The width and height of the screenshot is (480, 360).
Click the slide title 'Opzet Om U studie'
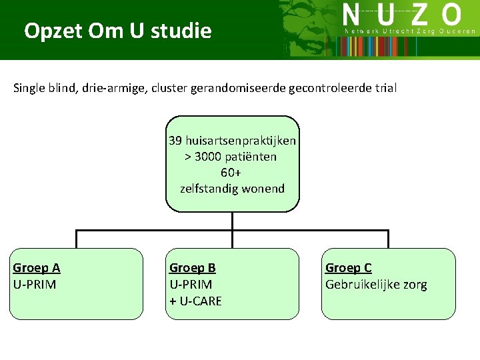(x=117, y=31)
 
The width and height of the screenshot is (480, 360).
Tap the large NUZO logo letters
(x=402, y=15)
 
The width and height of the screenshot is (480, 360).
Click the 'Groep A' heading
(x=37, y=268)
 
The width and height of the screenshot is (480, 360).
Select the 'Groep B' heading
(x=193, y=268)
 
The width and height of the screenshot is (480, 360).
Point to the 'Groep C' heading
(x=349, y=268)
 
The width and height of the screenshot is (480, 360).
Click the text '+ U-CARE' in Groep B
(x=196, y=301)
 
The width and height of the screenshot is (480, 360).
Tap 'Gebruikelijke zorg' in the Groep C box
(x=376, y=285)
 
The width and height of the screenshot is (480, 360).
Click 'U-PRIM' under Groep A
(x=35, y=285)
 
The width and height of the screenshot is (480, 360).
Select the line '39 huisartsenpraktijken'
(x=232, y=141)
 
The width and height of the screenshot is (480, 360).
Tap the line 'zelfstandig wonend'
(x=232, y=189)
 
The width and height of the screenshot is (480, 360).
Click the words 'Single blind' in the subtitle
(x=43, y=88)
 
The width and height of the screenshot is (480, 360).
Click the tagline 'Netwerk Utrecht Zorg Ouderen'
(x=410, y=31)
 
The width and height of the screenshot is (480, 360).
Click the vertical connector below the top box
(x=232, y=221)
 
